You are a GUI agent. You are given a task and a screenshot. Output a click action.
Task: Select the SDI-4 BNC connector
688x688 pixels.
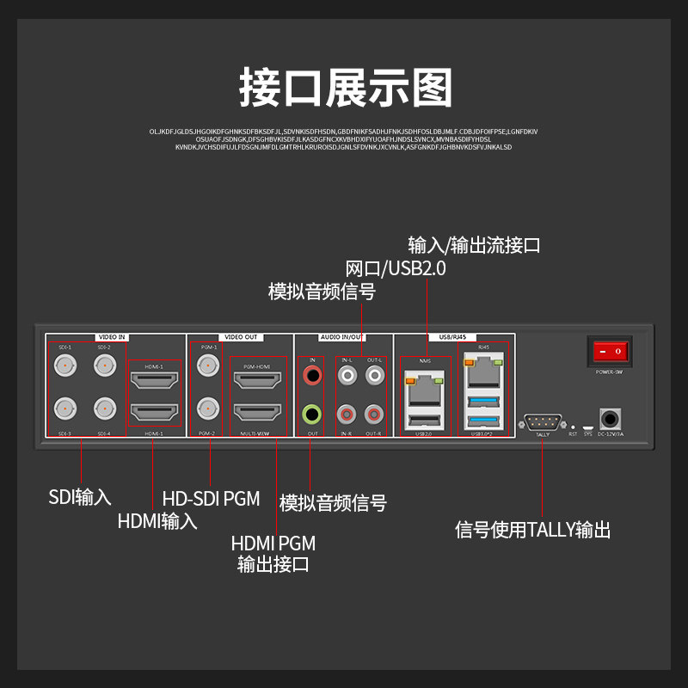coord(105,408)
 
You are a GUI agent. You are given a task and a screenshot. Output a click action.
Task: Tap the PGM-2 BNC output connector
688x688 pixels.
coord(207,408)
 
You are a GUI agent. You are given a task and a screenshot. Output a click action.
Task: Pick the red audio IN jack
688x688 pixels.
coord(312,376)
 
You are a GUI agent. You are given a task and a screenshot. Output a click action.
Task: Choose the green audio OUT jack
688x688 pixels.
coord(312,415)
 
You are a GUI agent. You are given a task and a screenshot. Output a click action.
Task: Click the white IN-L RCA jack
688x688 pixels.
coord(347,376)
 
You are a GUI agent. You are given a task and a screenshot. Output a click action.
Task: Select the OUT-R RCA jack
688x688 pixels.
coord(374,415)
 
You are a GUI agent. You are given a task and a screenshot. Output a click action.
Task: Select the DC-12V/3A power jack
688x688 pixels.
coord(611,420)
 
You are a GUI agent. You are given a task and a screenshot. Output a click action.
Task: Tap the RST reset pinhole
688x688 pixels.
coord(573,426)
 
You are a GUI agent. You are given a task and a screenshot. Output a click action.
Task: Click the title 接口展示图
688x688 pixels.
coord(345,89)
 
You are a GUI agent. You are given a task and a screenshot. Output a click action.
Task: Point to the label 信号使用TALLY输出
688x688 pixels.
coord(533,530)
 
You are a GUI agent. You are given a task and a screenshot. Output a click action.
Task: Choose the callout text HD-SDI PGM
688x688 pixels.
coord(211,499)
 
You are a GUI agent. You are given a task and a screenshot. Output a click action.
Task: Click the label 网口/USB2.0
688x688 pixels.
coord(396,268)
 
